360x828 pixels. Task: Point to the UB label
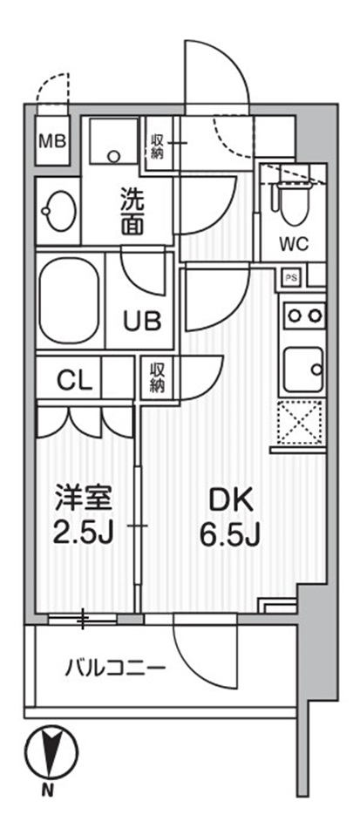tap(141, 321)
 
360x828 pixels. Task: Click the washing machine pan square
tap(114, 140)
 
